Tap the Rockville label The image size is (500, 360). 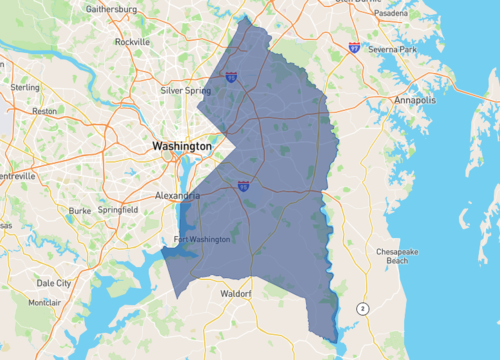133,42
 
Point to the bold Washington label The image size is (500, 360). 182,146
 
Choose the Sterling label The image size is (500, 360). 25,87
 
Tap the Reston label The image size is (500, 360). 45,111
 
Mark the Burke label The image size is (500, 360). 80,210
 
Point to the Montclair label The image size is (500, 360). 44,302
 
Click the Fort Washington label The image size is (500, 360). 202,239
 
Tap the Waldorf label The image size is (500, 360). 237,295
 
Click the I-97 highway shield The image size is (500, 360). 355,46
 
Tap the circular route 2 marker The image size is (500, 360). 362,307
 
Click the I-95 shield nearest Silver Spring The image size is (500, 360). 231,76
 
